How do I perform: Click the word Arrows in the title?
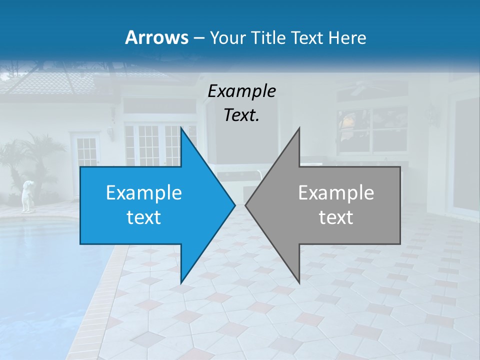tap(156, 37)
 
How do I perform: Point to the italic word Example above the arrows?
tap(242, 91)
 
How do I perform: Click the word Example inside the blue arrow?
tap(144, 192)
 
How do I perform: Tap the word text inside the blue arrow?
tap(144, 217)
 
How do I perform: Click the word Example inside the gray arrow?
tap(336, 192)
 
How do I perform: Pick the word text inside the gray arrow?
tap(336, 217)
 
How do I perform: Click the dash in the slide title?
tap(198, 38)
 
